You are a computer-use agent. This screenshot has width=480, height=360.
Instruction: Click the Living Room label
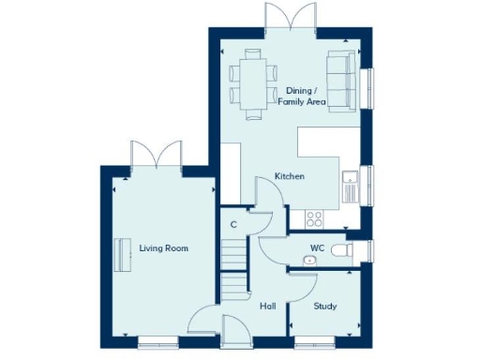pos(164,248)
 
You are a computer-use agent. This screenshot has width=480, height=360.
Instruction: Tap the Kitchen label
pos(289,176)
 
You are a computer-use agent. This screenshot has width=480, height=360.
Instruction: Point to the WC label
pos(317,247)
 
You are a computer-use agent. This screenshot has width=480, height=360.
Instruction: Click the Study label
pos(324,307)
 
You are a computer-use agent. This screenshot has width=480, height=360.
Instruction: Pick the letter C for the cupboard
pos(232,224)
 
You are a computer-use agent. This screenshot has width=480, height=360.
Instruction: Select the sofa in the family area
pos(339,81)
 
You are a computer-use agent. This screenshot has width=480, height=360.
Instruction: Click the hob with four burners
pos(314,218)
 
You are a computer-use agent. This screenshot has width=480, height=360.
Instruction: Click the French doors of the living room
pos(156,156)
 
